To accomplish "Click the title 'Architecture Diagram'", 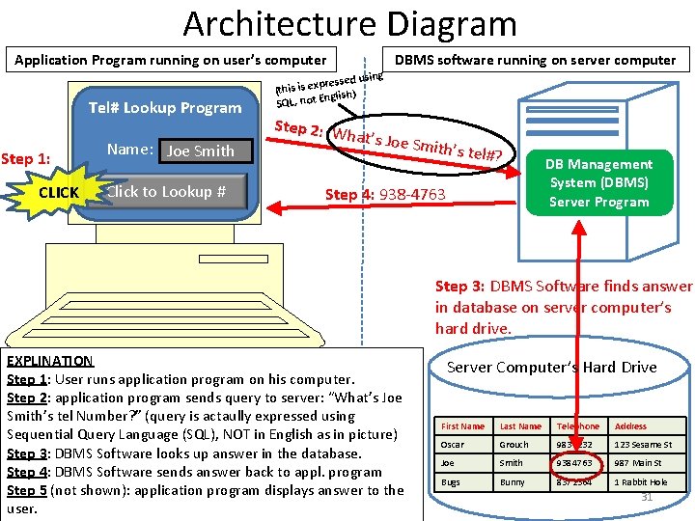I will pos(349,23).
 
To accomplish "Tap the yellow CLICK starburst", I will pos(59,192).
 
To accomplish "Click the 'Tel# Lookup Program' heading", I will pos(165,108).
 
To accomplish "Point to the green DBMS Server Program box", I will pos(599,182).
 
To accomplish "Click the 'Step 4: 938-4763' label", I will pos(385,195).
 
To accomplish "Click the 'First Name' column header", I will pos(462,426).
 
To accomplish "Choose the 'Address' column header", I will pos(630,426).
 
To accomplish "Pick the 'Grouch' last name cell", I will pos(514,445).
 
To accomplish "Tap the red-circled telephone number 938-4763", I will pos(578,463).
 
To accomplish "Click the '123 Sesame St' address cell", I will pos(643,445).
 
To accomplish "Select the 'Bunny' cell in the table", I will pos(514,481).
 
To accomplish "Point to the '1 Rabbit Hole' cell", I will pos(641,481).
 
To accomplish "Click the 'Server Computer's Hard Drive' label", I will pos(551,368).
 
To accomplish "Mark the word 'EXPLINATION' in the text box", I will pos(49,361).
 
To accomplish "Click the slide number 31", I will pos(648,497).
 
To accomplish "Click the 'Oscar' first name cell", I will pos(453,445).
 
